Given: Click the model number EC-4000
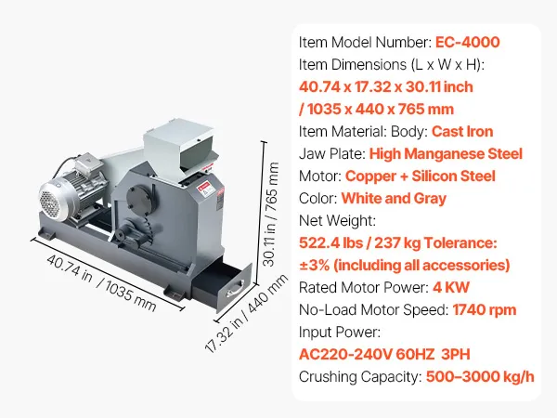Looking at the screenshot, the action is point(468,43).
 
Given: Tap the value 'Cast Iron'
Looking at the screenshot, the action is point(462,132).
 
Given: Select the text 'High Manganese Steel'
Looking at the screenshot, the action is point(446,154).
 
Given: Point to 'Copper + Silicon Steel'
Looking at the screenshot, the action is point(421,176).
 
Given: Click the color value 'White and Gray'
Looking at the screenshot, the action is point(394,199).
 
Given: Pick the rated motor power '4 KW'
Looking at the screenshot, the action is point(451,288).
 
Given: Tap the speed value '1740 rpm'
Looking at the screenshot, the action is point(485,310).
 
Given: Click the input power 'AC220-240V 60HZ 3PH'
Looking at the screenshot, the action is point(384,355).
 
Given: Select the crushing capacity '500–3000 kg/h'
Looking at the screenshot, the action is point(480,377).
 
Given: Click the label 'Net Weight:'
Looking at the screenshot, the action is point(337,221).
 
